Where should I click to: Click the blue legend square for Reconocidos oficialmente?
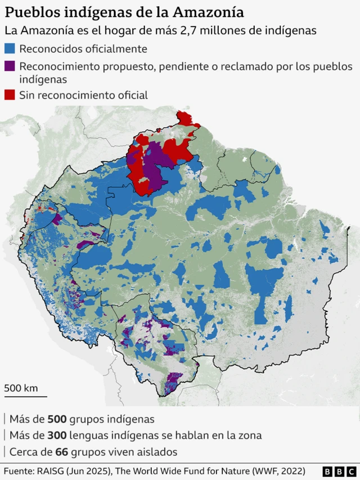click(10, 50)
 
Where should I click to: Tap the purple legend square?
click(10, 66)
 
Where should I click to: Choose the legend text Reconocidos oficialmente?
click(83, 50)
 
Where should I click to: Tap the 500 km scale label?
click(21, 388)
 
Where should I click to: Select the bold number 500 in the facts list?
click(57, 419)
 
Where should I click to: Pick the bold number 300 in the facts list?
click(57, 436)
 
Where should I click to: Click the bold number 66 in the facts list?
click(61, 452)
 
